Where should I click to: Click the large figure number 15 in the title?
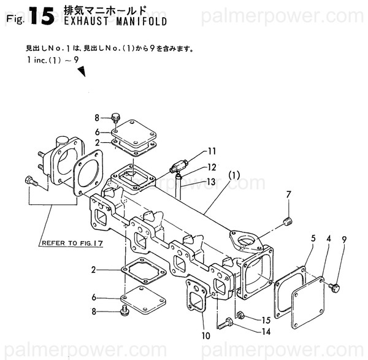pyautogui.click(x=40, y=17)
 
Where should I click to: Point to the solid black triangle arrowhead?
pyautogui.click(x=80, y=72)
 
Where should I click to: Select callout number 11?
pyautogui.click(x=212, y=151)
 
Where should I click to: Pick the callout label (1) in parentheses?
pyautogui.click(x=234, y=175)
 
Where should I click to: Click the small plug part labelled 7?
pyautogui.click(x=286, y=221)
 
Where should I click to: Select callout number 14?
pyautogui.click(x=265, y=332)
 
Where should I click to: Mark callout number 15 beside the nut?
pyautogui.click(x=265, y=320)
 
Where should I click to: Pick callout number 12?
pyautogui.click(x=212, y=167)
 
